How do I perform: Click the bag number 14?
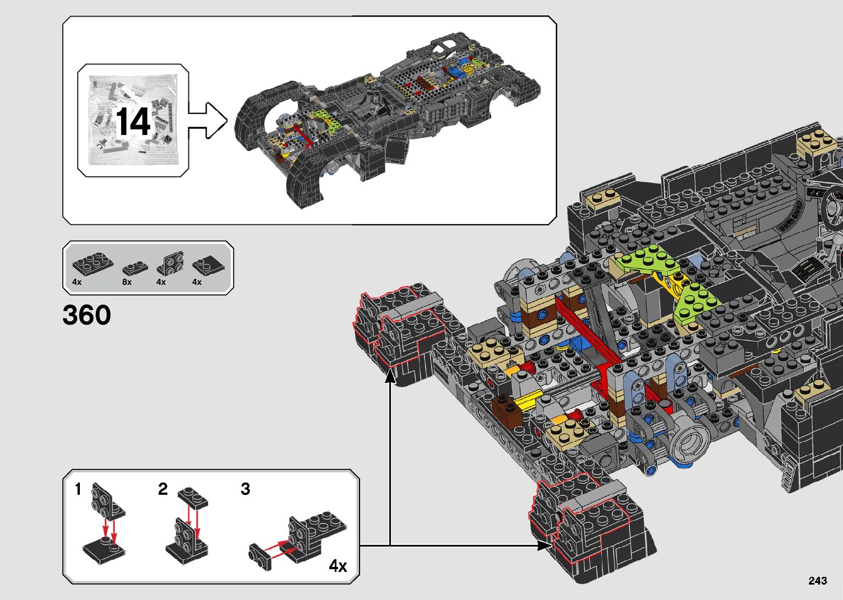(x=133, y=122)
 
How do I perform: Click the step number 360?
(x=86, y=315)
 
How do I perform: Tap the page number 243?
(x=818, y=580)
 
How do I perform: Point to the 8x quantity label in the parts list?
(x=127, y=282)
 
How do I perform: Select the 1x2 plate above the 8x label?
(x=133, y=268)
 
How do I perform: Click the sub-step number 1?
(x=78, y=489)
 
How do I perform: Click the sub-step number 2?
(x=162, y=489)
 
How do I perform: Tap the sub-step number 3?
(x=246, y=489)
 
